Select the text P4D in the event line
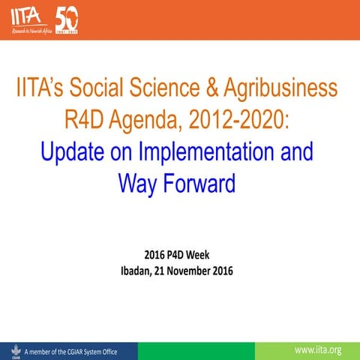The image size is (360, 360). click(x=176, y=256)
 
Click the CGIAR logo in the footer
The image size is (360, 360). click(x=11, y=350)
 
